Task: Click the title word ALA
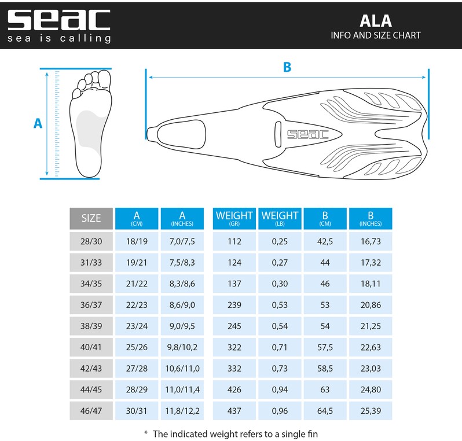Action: pyautogui.click(x=376, y=21)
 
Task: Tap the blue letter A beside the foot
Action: pyautogui.click(x=38, y=123)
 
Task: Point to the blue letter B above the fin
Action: pyautogui.click(x=287, y=67)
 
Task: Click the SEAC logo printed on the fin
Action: pyautogui.click(x=307, y=134)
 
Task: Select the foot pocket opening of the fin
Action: pyautogui.click(x=182, y=134)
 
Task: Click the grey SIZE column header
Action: pyautogui.click(x=91, y=218)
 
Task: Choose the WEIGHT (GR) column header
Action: pyautogui.click(x=234, y=218)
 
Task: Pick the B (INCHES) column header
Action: pyautogui.click(x=371, y=218)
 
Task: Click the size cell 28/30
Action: pyautogui.click(x=91, y=241)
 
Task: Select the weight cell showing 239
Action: pyautogui.click(x=234, y=305)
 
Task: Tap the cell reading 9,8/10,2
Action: pyautogui.click(x=182, y=347)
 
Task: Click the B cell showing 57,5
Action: pyautogui.click(x=325, y=347)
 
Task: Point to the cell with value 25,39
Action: pyautogui.click(x=371, y=411)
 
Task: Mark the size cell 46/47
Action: pyautogui.click(x=91, y=411)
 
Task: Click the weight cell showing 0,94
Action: pyautogui.click(x=280, y=389)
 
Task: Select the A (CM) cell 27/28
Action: pyautogui.click(x=137, y=369)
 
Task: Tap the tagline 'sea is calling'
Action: pyautogui.click(x=59, y=38)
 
